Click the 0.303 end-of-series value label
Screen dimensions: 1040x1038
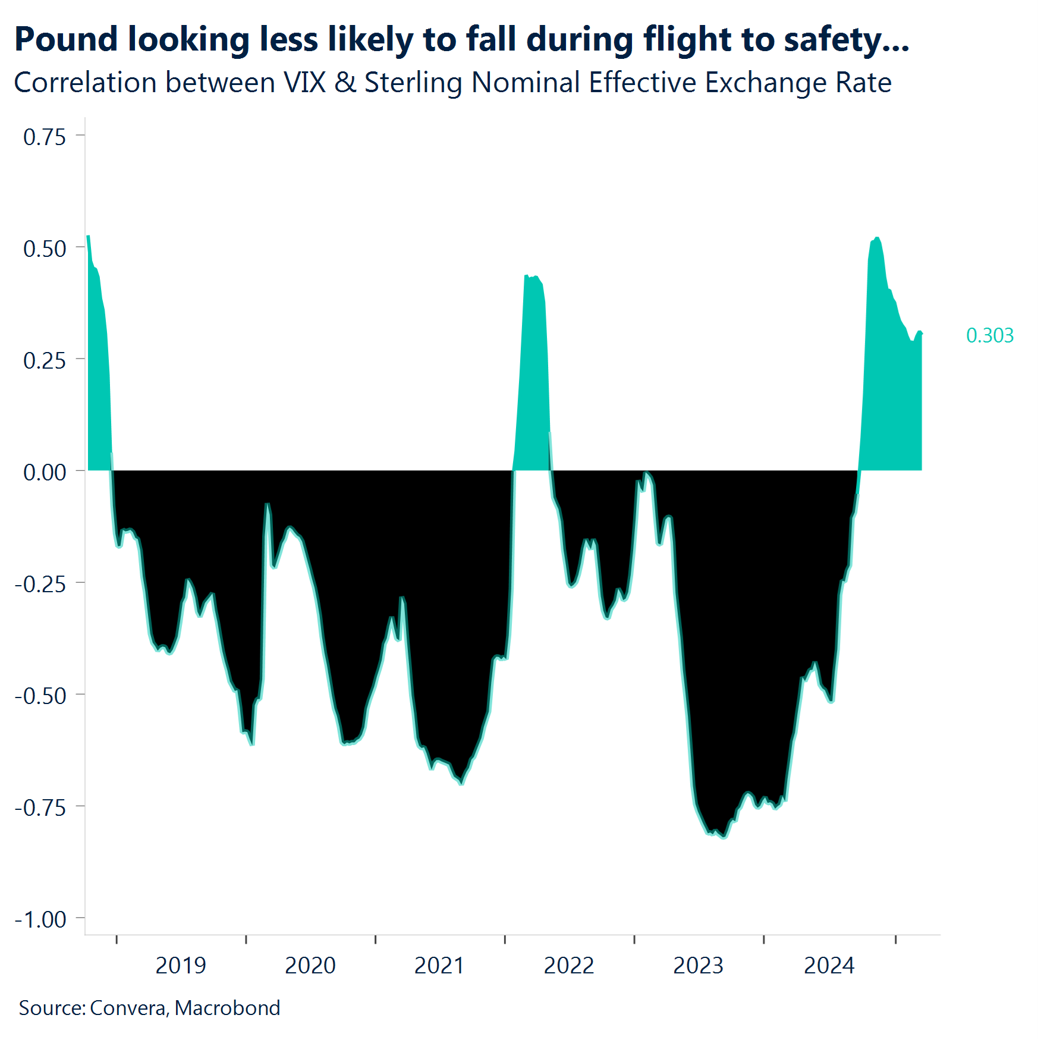989,335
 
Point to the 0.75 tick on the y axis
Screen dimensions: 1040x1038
45,137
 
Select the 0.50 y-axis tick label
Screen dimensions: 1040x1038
45,249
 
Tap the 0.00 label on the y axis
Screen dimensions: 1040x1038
45,472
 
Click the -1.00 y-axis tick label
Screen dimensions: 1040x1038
40,919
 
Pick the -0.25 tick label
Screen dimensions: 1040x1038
40,584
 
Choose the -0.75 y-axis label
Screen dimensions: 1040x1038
40,808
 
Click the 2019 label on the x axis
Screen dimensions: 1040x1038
180,965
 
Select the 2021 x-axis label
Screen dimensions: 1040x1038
439,965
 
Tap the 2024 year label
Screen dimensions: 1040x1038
829,965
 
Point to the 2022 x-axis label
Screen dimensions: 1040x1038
568,965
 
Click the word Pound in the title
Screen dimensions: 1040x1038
66,40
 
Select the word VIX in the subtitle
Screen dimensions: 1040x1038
305,83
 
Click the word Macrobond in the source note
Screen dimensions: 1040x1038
227,1008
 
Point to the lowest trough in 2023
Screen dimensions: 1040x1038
724,837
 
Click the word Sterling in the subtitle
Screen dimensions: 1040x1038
413,83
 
